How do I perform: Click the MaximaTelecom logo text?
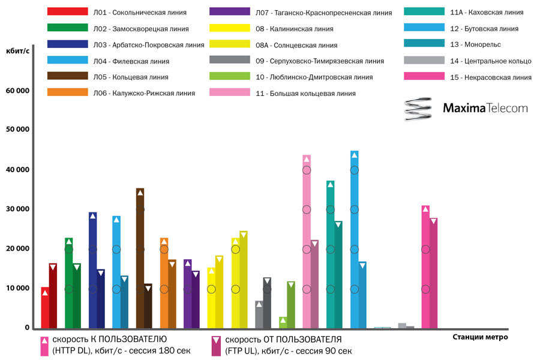485,109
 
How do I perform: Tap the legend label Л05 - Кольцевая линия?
130,77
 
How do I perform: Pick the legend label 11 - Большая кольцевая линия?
305,93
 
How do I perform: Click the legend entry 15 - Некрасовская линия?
490,77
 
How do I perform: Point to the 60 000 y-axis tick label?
18,91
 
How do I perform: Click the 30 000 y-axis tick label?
18,209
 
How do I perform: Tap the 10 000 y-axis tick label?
18,288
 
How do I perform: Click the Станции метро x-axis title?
480,337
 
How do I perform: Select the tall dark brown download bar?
140,258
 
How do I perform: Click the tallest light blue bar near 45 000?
354,239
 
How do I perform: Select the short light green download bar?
283,322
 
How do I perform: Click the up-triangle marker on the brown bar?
140,193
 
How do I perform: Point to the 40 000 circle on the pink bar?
307,170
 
